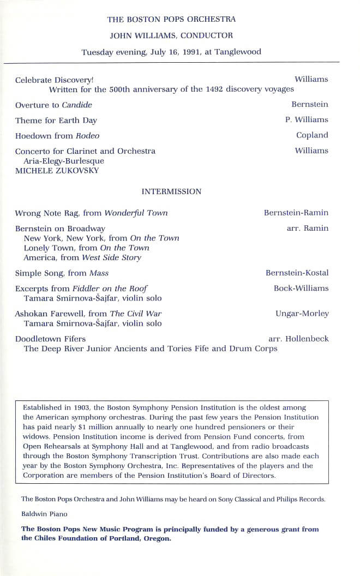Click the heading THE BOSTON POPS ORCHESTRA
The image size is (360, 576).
click(x=171, y=20)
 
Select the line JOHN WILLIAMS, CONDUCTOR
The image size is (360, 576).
click(x=171, y=36)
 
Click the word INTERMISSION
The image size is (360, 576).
click(x=171, y=191)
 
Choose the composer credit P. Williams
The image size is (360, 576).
click(x=307, y=120)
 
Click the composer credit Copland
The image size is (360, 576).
click(x=312, y=135)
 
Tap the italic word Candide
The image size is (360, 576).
click(x=77, y=105)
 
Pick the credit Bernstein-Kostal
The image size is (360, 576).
click(x=297, y=273)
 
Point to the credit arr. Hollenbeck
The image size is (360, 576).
click(x=298, y=339)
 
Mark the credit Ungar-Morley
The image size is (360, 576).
click(x=302, y=314)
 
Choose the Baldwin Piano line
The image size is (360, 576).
click(x=41, y=514)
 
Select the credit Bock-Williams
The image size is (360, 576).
click(x=301, y=288)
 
